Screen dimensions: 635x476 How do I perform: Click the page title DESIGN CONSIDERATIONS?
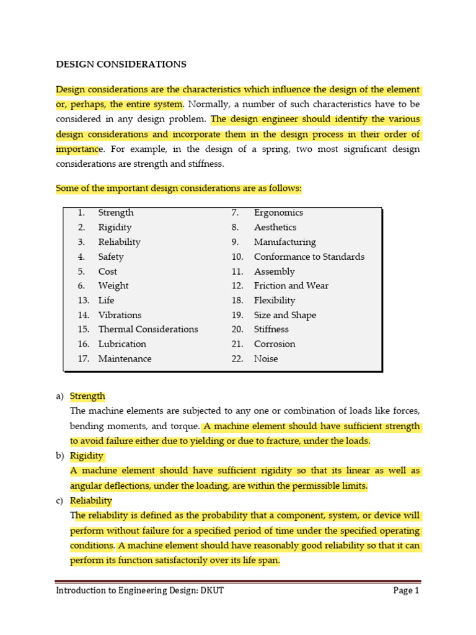point(121,64)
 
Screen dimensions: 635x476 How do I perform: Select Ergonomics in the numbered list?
point(278,213)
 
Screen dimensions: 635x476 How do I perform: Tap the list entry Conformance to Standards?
point(309,257)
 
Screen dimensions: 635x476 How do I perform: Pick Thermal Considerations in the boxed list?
point(148,329)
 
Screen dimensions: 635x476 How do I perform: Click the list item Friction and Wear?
point(291,286)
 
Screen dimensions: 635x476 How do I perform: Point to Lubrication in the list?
point(122,344)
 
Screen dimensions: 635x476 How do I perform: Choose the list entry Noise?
point(265,359)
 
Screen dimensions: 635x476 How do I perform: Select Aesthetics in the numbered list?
point(275,228)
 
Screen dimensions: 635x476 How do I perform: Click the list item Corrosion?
point(274,344)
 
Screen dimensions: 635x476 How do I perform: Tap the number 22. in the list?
point(237,359)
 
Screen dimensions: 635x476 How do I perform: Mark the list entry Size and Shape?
point(284,315)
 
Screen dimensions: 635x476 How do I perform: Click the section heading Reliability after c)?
point(90,500)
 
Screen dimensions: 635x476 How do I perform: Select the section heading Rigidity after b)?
point(86,456)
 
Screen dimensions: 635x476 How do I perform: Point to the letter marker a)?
point(60,396)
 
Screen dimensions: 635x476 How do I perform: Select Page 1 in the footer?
point(406,590)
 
